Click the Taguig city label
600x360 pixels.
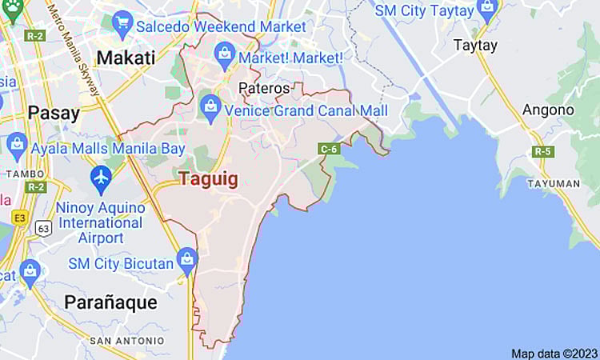coord(208,178)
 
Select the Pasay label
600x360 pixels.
coord(53,112)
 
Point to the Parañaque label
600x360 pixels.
coord(110,302)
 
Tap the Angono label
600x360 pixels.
coord(548,110)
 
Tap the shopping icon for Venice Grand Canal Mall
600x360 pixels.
coord(210,106)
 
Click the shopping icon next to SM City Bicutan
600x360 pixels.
coord(187,258)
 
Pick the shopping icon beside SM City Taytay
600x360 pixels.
coord(487,10)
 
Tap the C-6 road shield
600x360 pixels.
coord(328,149)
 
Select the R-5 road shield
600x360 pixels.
coord(543,150)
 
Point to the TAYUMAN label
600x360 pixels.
coord(554,183)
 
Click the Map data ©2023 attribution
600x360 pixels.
coord(554,353)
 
